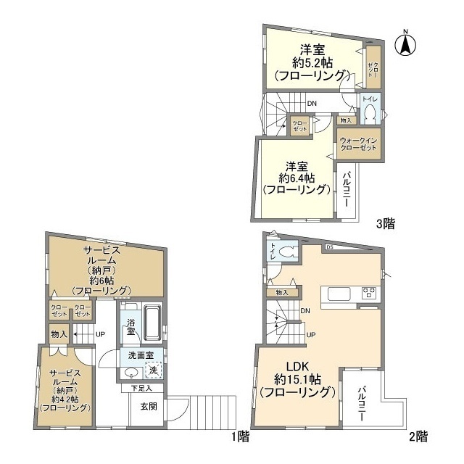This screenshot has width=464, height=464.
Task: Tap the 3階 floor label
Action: (x=385, y=224)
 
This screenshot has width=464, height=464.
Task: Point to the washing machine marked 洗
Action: (x=153, y=370)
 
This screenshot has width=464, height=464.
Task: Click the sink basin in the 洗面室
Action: (x=130, y=373)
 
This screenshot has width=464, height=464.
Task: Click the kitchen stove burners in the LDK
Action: (x=369, y=294)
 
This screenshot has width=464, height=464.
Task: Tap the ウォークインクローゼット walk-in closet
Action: (x=358, y=143)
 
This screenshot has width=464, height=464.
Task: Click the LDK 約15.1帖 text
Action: (x=297, y=380)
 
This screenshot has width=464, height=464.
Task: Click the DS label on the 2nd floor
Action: (x=329, y=247)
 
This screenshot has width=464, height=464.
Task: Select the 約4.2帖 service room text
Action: (x=65, y=399)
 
